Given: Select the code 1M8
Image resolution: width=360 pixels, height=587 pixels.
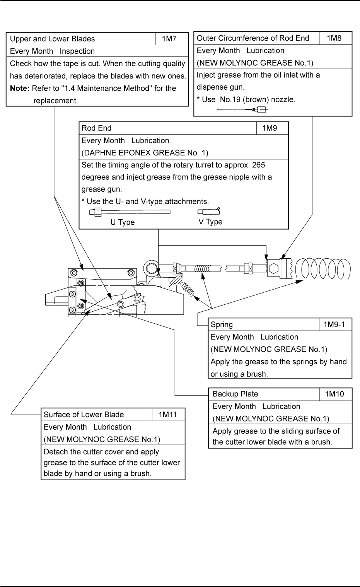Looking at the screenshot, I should click(x=335, y=38).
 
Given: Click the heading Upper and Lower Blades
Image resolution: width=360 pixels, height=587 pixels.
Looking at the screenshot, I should click(x=52, y=39).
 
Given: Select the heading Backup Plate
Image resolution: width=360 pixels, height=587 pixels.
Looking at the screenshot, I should click(x=235, y=394).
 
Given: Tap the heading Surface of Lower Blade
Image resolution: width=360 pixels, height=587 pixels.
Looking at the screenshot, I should click(x=84, y=415).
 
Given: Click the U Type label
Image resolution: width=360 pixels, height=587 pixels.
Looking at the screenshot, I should click(x=123, y=222).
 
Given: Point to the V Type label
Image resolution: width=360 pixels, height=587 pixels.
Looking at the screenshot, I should click(x=210, y=222).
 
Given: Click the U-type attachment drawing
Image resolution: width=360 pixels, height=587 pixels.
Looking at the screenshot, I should click(x=130, y=212).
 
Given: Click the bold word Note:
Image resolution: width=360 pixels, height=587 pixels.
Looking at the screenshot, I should click(x=20, y=88).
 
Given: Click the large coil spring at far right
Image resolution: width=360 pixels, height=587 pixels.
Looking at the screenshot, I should click(x=323, y=268).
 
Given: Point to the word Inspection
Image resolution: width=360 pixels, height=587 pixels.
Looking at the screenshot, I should click(x=77, y=51).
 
